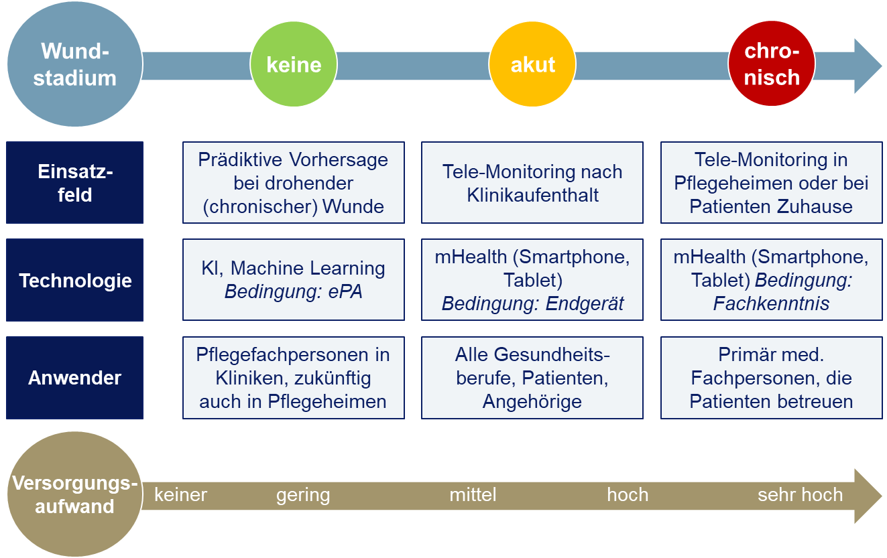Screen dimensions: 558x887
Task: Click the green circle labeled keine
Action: [294, 64]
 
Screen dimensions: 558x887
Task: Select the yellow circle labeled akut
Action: [532, 64]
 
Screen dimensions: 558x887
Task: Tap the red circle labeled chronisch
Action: [772, 64]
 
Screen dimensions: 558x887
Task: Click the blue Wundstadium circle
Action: [74, 64]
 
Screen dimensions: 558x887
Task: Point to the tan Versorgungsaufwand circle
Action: [74, 494]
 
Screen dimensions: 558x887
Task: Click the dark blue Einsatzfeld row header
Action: [74, 182]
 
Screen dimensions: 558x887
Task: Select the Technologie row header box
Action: [74, 280]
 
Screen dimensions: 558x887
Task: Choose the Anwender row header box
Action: [74, 378]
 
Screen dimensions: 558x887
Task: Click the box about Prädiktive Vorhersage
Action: [294, 182]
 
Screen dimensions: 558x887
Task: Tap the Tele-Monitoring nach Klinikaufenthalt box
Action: [532, 182]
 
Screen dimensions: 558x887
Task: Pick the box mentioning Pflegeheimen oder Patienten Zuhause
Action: [772, 182]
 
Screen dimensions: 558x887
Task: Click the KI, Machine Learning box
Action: [294, 280]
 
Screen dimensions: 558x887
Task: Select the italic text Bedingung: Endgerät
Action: [532, 303]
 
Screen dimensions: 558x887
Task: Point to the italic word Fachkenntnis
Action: [771, 303]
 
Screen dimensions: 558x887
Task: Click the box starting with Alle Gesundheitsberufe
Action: [532, 378]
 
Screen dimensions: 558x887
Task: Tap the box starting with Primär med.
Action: [772, 378]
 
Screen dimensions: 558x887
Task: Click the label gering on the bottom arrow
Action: [303, 495]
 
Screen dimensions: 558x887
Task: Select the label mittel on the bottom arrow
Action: [473, 495]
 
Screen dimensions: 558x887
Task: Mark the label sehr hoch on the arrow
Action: [800, 495]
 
